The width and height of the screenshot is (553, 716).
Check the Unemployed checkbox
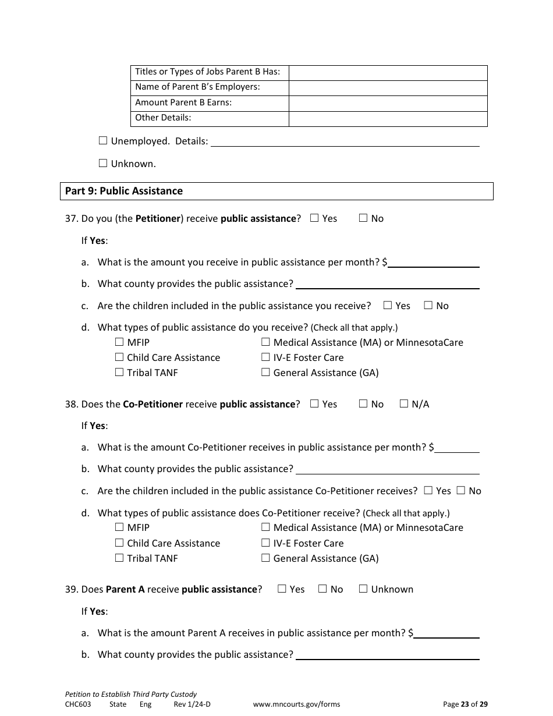click(x=103, y=140)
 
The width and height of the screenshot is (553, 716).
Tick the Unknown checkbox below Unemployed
click(x=103, y=163)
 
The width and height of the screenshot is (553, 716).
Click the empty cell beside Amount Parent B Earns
click(x=388, y=103)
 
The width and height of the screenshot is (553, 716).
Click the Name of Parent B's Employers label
click(x=197, y=87)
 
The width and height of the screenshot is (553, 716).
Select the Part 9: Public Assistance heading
click(x=124, y=191)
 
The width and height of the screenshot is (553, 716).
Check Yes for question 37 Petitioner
click(x=314, y=218)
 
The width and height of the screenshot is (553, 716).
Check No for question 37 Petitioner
click(x=363, y=218)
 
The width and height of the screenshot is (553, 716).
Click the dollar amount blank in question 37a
click(x=434, y=263)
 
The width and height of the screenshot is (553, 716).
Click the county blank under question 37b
click(x=387, y=285)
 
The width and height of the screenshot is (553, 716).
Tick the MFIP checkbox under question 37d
click(x=119, y=342)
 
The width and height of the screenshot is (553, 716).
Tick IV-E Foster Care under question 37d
click(x=265, y=357)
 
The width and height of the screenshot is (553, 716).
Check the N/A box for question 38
click(x=404, y=403)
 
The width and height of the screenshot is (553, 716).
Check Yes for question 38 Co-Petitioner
click(x=314, y=403)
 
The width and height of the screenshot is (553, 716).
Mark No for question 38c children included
click(x=461, y=491)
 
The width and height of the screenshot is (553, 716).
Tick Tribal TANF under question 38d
click(x=119, y=558)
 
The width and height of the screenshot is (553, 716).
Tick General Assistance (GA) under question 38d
click(x=265, y=558)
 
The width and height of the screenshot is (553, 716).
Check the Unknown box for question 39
click(x=363, y=589)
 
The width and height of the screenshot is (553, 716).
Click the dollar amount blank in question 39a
click(x=446, y=634)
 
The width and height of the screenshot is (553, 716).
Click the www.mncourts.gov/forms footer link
click(x=296, y=704)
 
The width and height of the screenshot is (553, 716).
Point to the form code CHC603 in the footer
click(x=78, y=704)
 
